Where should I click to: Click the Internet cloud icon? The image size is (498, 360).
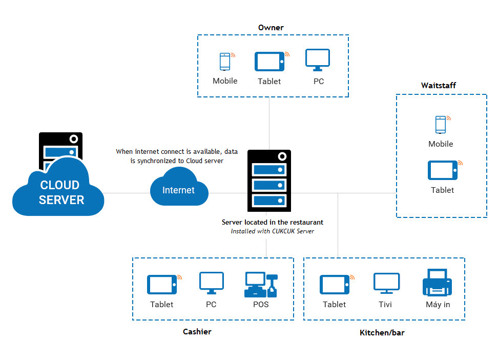pyautogui.click(x=179, y=189)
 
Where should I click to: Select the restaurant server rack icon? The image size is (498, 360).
pyautogui.click(x=269, y=181)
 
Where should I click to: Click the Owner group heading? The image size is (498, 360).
pyautogui.click(x=271, y=28)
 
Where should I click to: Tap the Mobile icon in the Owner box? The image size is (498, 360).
pyautogui.click(x=225, y=62)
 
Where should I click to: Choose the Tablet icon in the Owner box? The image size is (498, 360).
pyautogui.click(x=269, y=62)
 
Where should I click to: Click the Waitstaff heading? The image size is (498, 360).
pyautogui.click(x=439, y=85)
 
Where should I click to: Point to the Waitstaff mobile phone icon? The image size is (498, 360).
pyautogui.click(x=441, y=125)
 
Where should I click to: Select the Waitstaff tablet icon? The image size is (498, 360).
pyautogui.click(x=442, y=170)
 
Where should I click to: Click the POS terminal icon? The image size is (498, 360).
pyautogui.click(x=261, y=285)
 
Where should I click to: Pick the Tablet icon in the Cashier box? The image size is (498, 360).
pyautogui.click(x=162, y=285)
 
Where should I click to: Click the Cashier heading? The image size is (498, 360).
pyautogui.click(x=197, y=332)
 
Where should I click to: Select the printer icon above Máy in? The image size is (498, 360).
pyautogui.click(x=437, y=284)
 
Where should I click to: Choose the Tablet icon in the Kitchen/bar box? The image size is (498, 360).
pyautogui.click(x=335, y=285)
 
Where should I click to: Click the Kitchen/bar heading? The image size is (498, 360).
pyautogui.click(x=382, y=333)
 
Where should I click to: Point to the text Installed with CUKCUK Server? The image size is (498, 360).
pyautogui.click(x=272, y=231)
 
